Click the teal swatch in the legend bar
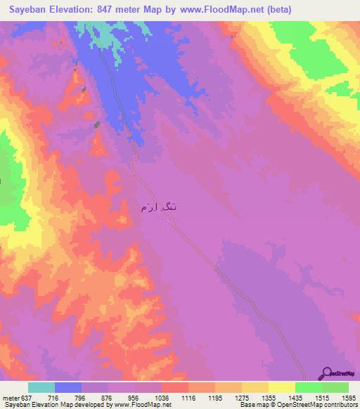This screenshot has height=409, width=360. (x=41, y=387)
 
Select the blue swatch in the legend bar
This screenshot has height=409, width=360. (x=68, y=387)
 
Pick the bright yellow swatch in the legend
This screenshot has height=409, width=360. (x=282, y=387)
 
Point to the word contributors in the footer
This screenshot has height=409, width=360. (x=340, y=404)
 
